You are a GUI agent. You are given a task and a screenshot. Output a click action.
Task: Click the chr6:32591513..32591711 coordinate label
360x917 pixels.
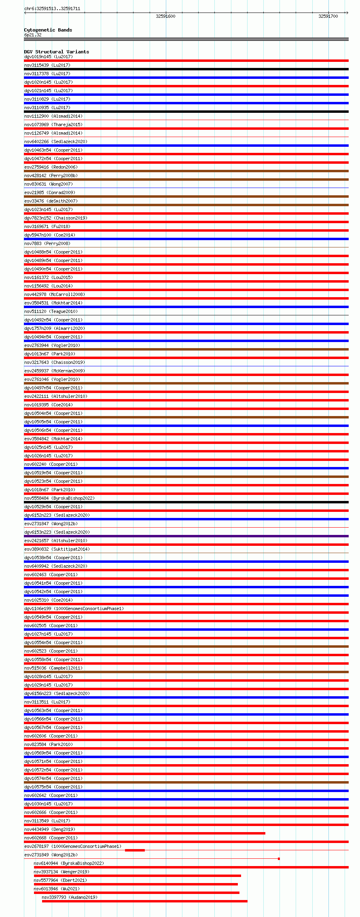click(52, 8)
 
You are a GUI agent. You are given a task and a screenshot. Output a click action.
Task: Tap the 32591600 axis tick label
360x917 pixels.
click(165, 16)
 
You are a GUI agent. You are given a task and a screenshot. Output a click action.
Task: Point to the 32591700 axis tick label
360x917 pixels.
click(328, 16)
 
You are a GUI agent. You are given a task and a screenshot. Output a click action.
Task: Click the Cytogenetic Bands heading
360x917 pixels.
click(48, 30)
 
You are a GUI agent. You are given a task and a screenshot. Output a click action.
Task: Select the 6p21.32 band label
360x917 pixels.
click(33, 35)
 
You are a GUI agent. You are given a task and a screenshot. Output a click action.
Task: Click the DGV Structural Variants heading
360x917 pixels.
click(56, 52)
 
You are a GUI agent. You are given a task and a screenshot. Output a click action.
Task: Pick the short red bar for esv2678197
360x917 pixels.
click(135, 850)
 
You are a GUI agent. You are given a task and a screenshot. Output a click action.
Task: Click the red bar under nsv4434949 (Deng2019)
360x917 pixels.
click(144, 833)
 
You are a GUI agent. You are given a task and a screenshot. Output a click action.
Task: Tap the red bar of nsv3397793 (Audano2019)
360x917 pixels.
click(144, 901)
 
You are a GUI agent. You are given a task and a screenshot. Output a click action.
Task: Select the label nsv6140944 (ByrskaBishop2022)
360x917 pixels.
click(69, 863)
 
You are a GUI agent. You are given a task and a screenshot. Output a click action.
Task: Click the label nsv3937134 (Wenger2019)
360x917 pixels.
click(61, 872)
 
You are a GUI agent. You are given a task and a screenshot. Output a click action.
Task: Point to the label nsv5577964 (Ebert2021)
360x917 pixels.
click(60, 880)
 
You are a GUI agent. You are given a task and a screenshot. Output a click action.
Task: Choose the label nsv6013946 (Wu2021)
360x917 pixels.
click(57, 889)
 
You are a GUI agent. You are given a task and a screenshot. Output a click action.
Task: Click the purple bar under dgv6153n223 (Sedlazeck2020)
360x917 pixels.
click(186, 536)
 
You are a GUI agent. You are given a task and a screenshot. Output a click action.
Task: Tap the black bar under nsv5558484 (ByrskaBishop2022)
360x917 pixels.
click(186, 502)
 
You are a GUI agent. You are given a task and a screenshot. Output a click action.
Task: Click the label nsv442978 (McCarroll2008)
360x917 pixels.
click(55, 294)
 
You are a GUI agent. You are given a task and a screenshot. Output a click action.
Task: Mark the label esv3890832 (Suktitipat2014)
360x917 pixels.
click(57, 549)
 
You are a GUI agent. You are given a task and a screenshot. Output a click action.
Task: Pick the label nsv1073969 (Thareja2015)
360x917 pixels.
click(53, 125)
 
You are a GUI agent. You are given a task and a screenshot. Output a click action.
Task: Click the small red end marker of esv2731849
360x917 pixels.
click(279, 859)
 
